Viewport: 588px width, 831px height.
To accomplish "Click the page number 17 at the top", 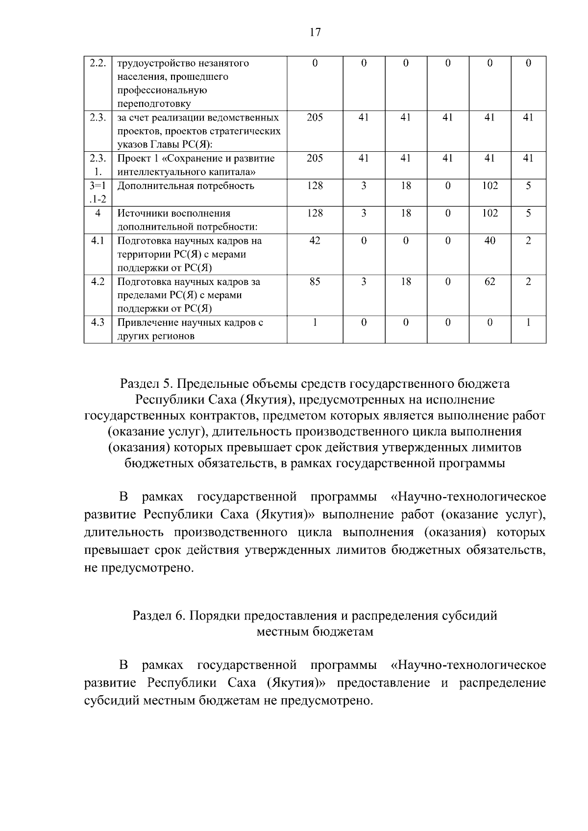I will coord(315,32).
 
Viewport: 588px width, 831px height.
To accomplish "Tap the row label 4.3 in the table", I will coord(98,322).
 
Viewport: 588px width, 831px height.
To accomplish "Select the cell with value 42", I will coord(315,240).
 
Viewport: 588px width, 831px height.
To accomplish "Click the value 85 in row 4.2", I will coord(315,282).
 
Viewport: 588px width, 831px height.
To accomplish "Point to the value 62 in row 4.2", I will coord(490,282).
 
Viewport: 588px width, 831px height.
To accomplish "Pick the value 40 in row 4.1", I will coord(490,240).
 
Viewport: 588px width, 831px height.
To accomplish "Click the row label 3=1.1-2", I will coord(98,192).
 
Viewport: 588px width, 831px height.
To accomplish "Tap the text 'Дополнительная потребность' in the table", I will coord(186,186).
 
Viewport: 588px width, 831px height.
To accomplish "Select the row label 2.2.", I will coord(98,63).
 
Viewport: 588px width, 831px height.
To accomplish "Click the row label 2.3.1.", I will coord(98,165).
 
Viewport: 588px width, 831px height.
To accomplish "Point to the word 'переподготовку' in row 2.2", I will coord(154,104).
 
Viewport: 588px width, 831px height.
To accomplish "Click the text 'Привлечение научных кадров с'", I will coord(190,322).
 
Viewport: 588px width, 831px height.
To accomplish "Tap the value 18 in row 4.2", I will coord(406,282).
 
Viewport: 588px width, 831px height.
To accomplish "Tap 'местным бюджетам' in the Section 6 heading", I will coord(315,631).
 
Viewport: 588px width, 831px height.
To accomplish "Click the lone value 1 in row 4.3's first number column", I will coord(315,322).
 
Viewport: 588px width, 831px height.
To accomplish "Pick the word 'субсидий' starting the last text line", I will coord(112,700).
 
